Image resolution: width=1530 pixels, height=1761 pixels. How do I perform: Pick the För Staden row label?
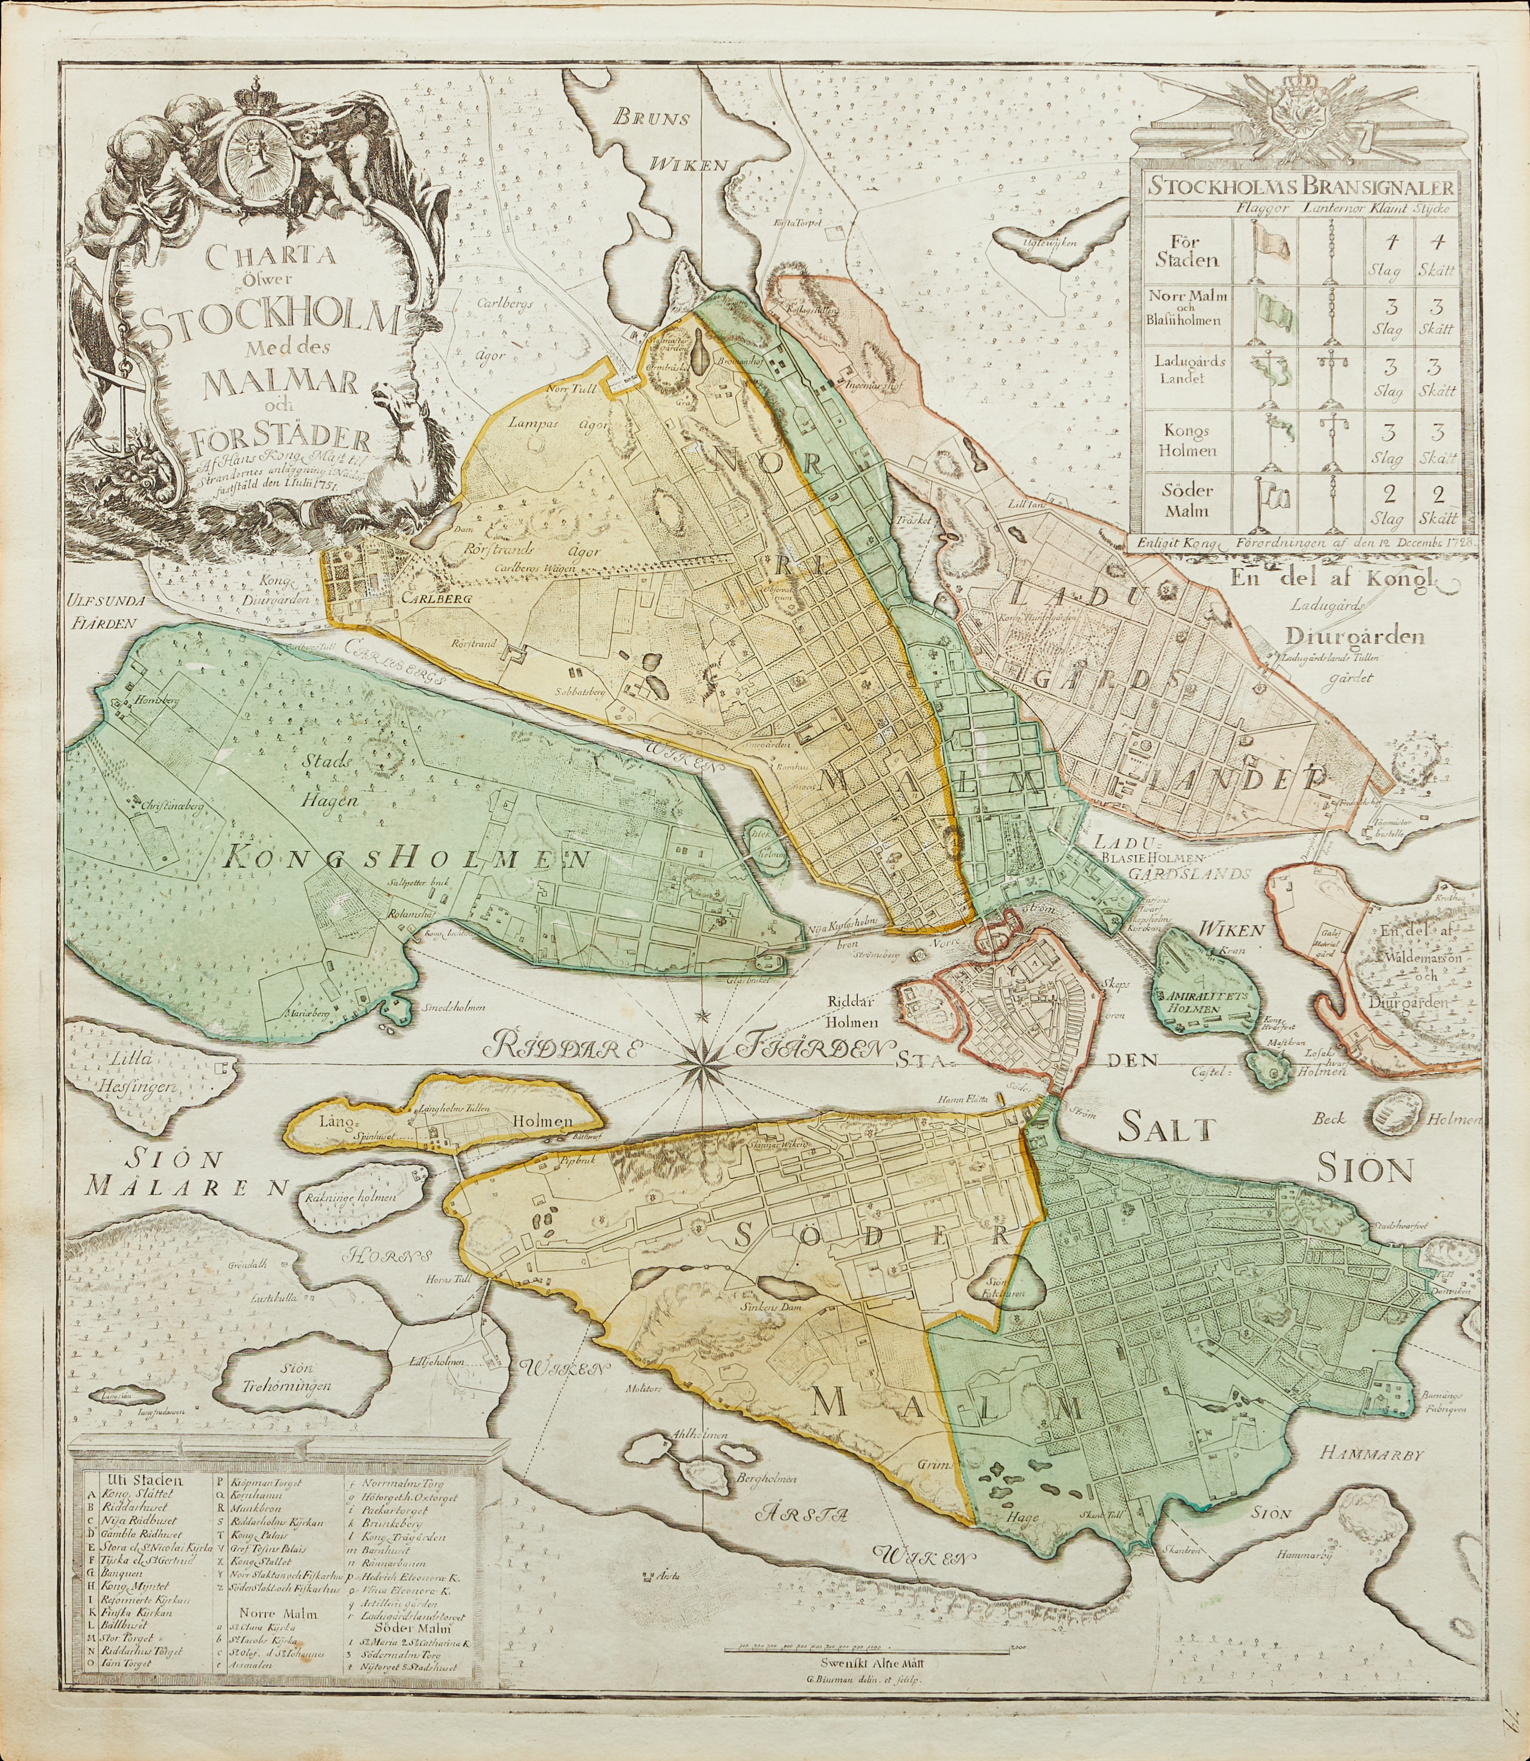click(1186, 252)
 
